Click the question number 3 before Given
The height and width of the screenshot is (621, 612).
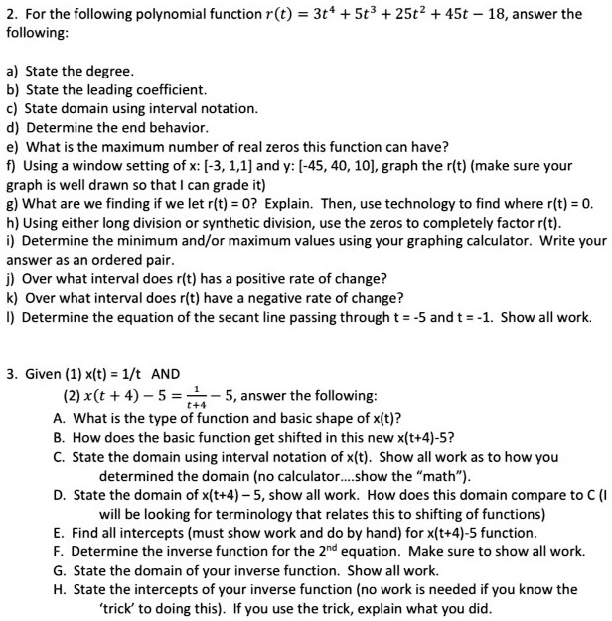10,374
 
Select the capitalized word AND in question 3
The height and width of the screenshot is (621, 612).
165,374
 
